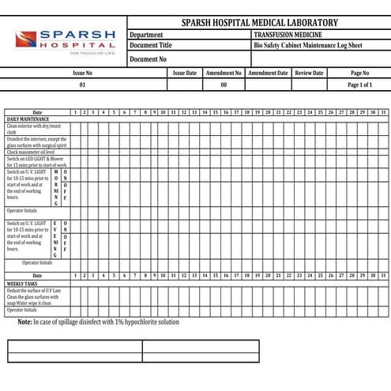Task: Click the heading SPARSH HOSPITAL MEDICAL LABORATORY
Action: [x=259, y=23]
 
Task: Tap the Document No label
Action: [x=148, y=58]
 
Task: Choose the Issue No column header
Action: [x=82, y=73]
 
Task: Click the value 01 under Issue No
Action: [x=82, y=85]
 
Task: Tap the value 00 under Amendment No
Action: [x=224, y=85]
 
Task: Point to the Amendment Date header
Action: [x=268, y=73]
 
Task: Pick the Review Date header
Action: [x=309, y=73]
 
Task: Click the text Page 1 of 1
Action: [x=359, y=85]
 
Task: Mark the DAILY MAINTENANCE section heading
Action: [x=28, y=118]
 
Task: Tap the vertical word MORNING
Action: [x=55, y=186]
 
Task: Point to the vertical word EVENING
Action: [x=55, y=239]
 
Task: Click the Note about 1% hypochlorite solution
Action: [x=99, y=322]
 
